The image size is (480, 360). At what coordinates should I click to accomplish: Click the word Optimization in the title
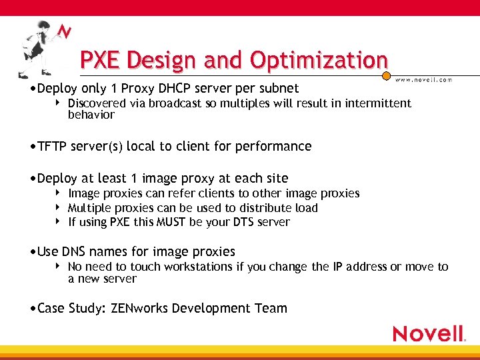[319, 61]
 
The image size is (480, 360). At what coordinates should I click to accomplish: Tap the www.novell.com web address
[423, 79]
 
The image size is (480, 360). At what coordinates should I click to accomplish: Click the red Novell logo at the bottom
[428, 333]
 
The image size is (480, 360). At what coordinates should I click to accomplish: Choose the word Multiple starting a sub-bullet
[89, 208]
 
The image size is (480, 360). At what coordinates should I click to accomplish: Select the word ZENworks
[139, 308]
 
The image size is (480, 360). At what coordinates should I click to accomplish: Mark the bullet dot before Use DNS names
[34, 252]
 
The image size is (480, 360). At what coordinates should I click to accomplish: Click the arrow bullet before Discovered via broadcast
[59, 103]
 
